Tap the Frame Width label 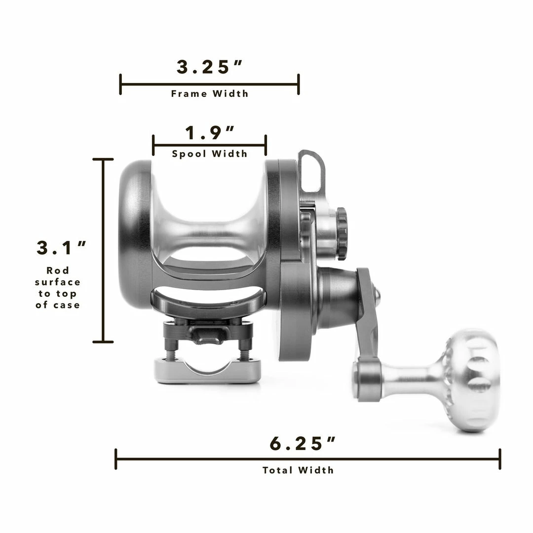(x=210, y=93)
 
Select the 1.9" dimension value (x=210, y=133)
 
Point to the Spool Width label (x=210, y=154)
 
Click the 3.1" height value (x=62, y=248)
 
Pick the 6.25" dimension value (x=303, y=444)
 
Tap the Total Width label (x=298, y=470)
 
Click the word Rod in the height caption (x=58, y=270)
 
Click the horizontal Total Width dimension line (x=307, y=459)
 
